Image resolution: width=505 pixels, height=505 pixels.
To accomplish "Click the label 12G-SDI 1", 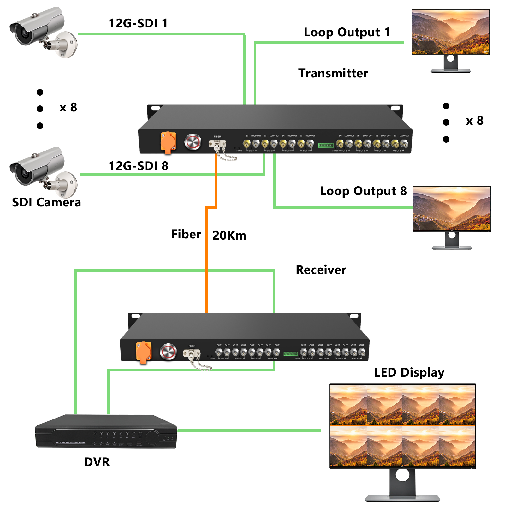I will (x=138, y=23).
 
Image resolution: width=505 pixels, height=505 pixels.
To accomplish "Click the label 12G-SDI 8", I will (x=138, y=166).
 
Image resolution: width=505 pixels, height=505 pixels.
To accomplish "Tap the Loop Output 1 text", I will (x=347, y=32).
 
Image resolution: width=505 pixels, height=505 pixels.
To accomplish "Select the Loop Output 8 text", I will (x=363, y=191).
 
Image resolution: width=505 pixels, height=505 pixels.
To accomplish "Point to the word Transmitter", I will (x=333, y=73).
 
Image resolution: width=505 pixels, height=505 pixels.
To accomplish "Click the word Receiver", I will (x=321, y=270).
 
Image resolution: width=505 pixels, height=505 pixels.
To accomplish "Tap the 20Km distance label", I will (x=229, y=235).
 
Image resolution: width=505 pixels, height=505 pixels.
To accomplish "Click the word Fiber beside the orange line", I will (x=186, y=234).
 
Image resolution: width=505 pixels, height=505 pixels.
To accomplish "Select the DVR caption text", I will (x=97, y=462).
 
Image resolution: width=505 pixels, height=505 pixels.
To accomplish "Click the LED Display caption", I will (x=409, y=372).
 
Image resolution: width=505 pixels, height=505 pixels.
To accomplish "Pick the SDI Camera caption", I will (x=46, y=202).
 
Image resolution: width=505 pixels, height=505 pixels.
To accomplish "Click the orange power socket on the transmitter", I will (x=168, y=142).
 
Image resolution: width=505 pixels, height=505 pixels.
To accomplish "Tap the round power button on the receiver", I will (x=168, y=352).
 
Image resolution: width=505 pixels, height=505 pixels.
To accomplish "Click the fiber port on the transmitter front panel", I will (x=217, y=145).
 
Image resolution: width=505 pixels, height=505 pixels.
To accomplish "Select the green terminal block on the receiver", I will (x=291, y=353).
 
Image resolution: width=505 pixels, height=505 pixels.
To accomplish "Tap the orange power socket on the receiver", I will (x=144, y=352).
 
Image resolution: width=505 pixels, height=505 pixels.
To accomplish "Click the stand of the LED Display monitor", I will (x=402, y=486).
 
